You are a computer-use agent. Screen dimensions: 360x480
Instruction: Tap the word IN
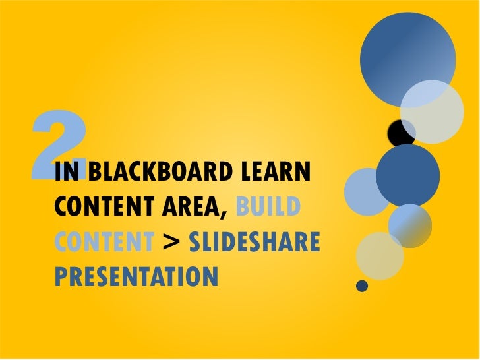[67, 174]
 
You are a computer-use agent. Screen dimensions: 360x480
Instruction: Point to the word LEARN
[277, 174]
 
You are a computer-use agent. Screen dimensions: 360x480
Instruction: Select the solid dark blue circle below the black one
[407, 175]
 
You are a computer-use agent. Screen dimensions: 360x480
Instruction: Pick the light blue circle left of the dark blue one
[368, 192]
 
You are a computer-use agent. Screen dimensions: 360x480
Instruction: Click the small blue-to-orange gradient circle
[409, 225]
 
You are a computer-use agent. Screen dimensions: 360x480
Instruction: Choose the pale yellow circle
[380, 256]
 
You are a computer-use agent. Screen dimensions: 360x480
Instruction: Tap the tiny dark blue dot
[361, 285]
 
